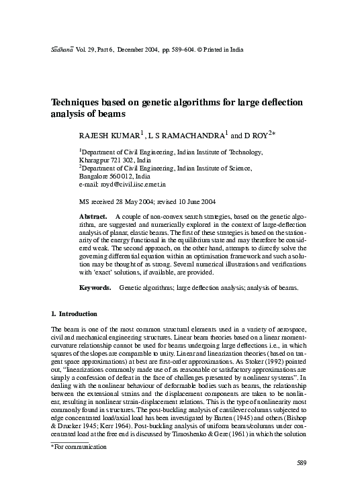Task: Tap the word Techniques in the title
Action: [x=78, y=103]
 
